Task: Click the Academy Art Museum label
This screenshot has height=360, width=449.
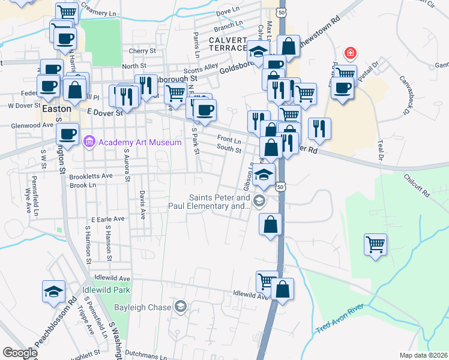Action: pyautogui.click(x=140, y=142)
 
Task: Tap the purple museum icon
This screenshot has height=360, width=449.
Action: pyautogui.click(x=89, y=142)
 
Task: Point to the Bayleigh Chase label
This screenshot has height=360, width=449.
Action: pyautogui.click(x=143, y=307)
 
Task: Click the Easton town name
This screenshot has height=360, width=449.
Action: pyautogui.click(x=57, y=110)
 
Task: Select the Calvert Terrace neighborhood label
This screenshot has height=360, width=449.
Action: pyautogui.click(x=228, y=44)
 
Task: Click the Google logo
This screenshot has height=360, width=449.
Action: pyautogui.click(x=19, y=353)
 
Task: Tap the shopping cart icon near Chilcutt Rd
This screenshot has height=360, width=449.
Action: pyautogui.click(x=375, y=244)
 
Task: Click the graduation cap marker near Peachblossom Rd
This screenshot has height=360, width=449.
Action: pyautogui.click(x=53, y=292)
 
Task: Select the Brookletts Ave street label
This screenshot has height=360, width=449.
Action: pyautogui.click(x=91, y=176)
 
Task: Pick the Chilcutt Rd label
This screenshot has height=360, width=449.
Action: pyautogui.click(x=417, y=186)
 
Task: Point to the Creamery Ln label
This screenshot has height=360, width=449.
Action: pyautogui.click(x=97, y=13)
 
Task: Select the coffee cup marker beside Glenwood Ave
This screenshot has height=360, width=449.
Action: pyautogui.click(x=67, y=133)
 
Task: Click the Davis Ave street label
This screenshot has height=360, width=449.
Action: pyautogui.click(x=142, y=205)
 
